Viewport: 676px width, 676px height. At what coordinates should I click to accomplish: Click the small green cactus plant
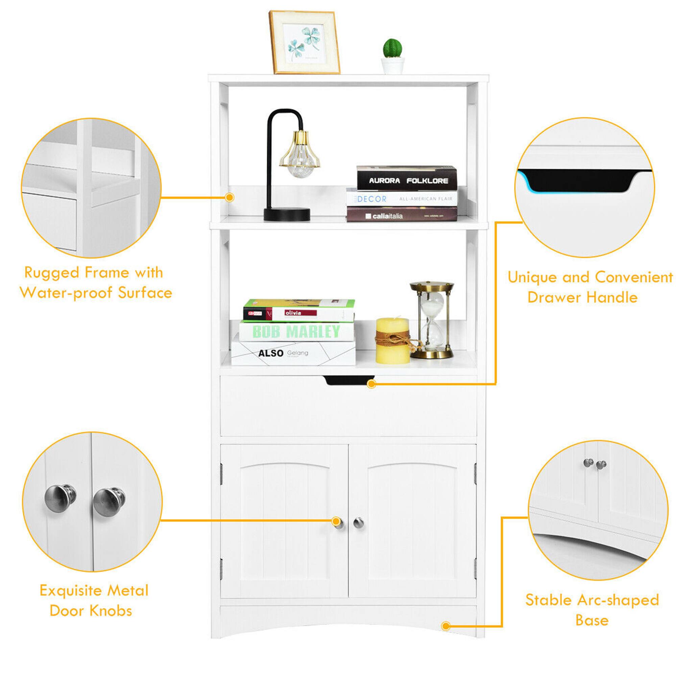coord(392,49)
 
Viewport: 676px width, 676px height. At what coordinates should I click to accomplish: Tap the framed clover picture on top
coord(304,43)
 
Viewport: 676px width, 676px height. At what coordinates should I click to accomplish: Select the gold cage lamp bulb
coord(299,155)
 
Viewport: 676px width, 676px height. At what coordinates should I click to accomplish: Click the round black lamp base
coord(287,214)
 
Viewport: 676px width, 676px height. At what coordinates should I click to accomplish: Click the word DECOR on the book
coord(371,199)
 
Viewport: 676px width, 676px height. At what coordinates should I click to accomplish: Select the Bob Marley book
coord(296,331)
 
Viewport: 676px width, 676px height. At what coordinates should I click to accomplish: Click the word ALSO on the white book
coord(270,354)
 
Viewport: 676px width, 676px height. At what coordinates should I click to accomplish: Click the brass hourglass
coord(432,320)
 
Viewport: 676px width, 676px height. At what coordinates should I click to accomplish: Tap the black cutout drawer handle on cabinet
coord(348,380)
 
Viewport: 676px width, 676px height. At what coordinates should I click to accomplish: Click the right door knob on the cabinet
coord(358,523)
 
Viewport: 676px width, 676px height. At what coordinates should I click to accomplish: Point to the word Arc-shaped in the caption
coord(618,600)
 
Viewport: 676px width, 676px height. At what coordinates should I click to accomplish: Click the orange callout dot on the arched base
coord(445,626)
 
